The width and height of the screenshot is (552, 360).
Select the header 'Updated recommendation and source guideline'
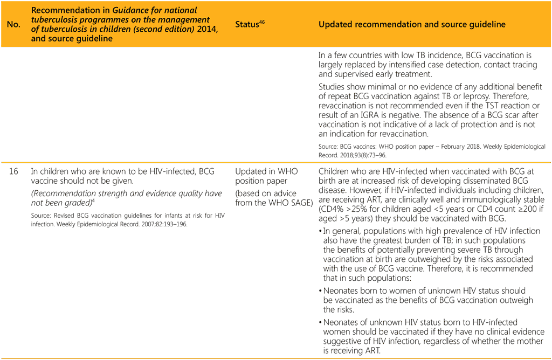(x=412, y=25)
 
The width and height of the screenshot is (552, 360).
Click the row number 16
(x=13, y=171)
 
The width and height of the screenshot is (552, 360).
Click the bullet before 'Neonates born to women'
(x=321, y=292)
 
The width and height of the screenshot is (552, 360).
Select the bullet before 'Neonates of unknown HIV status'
(x=321, y=322)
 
